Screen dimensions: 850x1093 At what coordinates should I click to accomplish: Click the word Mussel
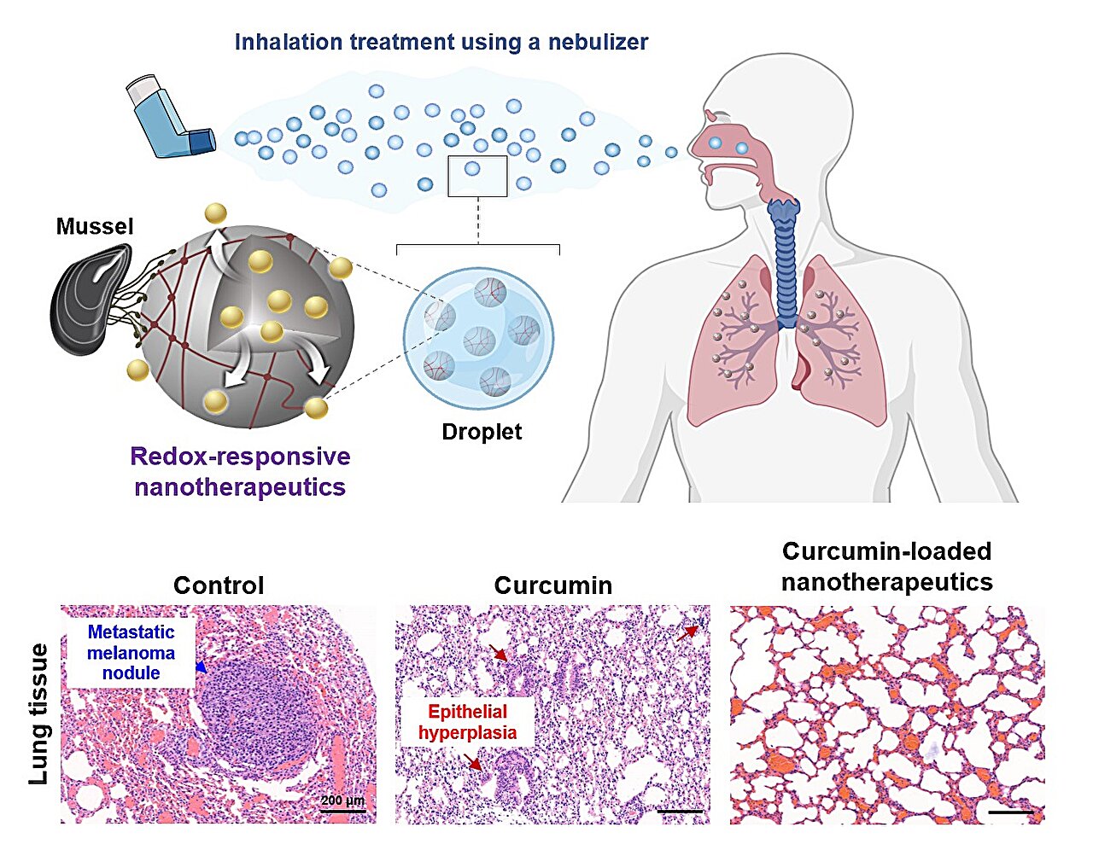[95, 227]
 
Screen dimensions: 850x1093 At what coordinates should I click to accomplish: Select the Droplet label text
[482, 432]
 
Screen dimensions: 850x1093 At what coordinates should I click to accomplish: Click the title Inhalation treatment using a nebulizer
[441, 42]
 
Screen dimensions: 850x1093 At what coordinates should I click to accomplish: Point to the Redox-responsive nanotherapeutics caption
[240, 471]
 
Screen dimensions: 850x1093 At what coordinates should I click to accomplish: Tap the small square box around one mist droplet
[477, 176]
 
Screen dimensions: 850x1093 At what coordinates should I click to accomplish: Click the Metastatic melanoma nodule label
[131, 652]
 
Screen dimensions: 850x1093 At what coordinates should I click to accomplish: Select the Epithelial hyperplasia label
[467, 722]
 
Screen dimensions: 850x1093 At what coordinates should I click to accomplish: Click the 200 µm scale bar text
[342, 801]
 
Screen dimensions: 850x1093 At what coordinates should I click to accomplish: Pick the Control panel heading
[218, 585]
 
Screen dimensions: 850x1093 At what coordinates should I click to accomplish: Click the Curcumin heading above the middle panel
[552, 585]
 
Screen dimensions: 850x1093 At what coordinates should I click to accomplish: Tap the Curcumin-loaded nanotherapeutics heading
[886, 567]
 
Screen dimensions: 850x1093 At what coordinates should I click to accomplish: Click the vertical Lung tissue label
[38, 714]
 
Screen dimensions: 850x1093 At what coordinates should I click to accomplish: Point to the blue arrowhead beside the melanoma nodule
[200, 668]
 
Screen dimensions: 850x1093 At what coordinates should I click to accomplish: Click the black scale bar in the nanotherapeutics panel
[1010, 812]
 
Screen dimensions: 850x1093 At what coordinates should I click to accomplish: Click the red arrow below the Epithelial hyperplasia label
[471, 761]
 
